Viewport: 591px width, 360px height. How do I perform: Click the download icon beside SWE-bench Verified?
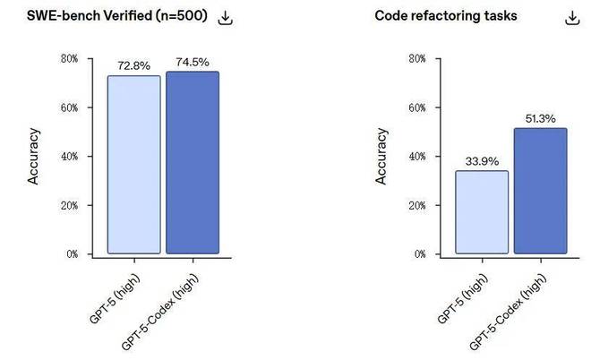226,18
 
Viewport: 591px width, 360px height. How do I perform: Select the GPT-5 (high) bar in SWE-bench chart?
134,164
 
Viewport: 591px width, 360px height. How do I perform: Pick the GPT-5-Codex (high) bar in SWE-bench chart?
192,162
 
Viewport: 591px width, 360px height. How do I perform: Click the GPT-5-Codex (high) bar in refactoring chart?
540,191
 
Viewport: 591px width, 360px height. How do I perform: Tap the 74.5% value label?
192,63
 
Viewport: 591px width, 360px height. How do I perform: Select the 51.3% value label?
540,119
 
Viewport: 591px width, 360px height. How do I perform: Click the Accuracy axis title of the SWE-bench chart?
33,157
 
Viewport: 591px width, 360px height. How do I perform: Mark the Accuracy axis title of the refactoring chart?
381,157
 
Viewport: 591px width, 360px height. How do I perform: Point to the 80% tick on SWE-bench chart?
70,59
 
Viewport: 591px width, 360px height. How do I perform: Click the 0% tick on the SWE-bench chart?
73,254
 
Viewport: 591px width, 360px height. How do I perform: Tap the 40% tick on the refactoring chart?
417,157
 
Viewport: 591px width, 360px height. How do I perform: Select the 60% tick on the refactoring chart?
417,107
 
